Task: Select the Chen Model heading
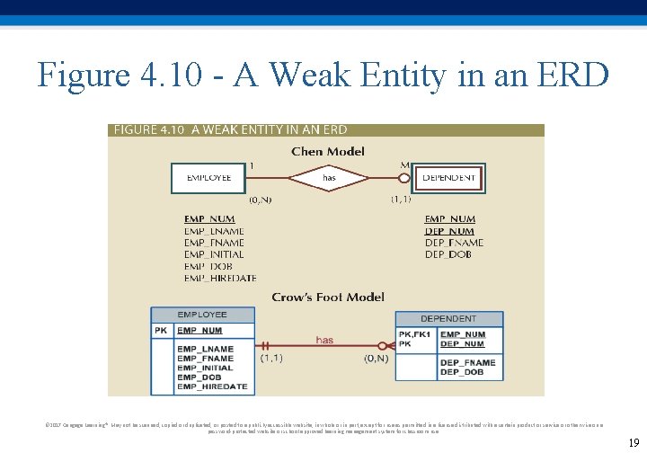point(328,151)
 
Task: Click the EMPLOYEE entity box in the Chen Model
point(208,178)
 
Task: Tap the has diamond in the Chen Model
point(329,178)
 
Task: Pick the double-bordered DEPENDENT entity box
point(448,178)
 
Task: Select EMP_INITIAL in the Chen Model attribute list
point(214,254)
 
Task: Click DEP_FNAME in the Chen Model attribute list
point(454,243)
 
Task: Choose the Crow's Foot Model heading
point(328,297)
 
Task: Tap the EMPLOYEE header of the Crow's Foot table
point(202,315)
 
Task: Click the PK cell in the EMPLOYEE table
point(161,331)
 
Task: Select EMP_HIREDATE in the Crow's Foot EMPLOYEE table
point(212,386)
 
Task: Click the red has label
point(324,340)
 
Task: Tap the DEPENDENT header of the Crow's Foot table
point(448,318)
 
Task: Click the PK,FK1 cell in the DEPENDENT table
point(414,334)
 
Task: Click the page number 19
point(633,442)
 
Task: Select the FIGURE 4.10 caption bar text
point(230,130)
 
